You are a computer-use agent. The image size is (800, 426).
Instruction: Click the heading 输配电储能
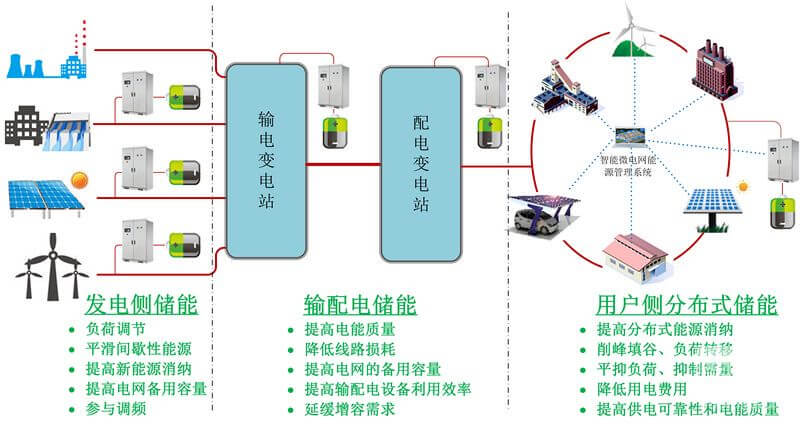pyautogui.click(x=360, y=304)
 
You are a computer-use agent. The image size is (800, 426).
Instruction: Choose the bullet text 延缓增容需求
pyautogui.click(x=349, y=410)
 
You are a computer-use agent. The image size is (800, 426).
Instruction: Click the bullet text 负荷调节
pyautogui.click(x=110, y=327)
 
